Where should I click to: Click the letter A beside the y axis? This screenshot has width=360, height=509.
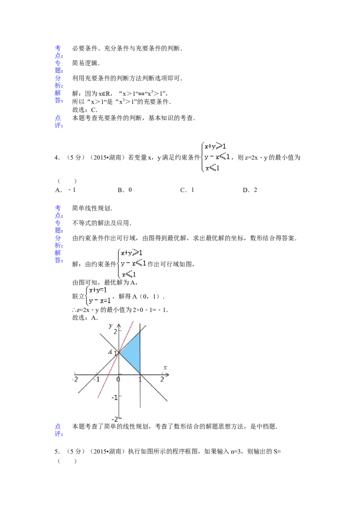pyautogui.click(x=110, y=352)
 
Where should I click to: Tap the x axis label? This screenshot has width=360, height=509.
pyautogui.click(x=165, y=368)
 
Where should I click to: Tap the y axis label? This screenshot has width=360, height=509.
pyautogui.click(x=110, y=325)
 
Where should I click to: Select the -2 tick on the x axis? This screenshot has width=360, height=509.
pyautogui.click(x=75, y=380)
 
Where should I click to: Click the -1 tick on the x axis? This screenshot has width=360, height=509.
pyautogui.click(x=96, y=380)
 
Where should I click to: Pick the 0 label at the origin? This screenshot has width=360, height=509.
pyautogui.click(x=118, y=380)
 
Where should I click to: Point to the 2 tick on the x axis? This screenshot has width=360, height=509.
pyautogui.click(x=162, y=380)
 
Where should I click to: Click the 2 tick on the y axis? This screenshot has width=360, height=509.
pyautogui.click(x=115, y=331)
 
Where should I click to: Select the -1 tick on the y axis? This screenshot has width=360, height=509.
pyautogui.click(x=114, y=397)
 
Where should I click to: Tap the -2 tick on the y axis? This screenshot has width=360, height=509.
pyautogui.click(x=114, y=419)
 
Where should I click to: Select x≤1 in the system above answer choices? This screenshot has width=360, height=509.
pyautogui.click(x=212, y=168)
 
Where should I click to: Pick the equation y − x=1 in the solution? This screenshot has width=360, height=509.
pyautogui.click(x=100, y=301)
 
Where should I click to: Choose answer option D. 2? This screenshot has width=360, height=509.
pyautogui.click(x=251, y=190)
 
